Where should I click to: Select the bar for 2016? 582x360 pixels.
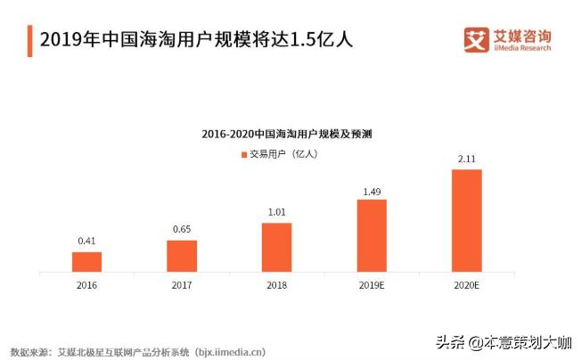tap(86, 261)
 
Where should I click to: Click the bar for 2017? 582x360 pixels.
tap(182, 255)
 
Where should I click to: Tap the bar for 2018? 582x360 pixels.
tap(276, 246)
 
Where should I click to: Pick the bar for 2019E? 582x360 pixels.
tap(372, 234)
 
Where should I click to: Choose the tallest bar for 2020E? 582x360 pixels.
tap(466, 219)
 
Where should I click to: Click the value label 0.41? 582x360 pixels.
tap(86, 241)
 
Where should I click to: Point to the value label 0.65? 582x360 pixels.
tap(182, 230)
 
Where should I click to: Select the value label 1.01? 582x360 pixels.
tap(276, 212)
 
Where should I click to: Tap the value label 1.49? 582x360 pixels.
tap(372, 190)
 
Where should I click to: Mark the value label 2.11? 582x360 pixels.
tap(466, 160)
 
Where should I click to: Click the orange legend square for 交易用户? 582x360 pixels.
tap(242, 154)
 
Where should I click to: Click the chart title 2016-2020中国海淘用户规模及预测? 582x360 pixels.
tap(286, 135)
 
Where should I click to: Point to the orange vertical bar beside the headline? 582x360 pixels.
tap(30, 40)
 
